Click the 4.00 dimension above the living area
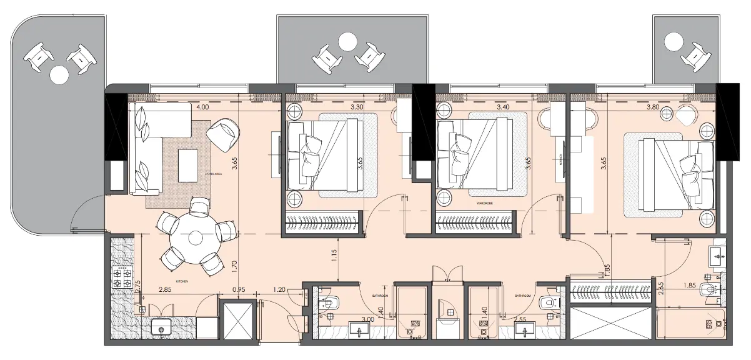point(202,107)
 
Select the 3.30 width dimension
point(357,107)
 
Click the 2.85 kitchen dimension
point(165,290)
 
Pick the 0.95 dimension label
point(238,290)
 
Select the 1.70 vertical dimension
point(234,267)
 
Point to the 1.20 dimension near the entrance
point(279,290)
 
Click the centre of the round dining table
point(196,237)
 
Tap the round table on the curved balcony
point(58,75)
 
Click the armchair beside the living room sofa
point(223,134)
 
